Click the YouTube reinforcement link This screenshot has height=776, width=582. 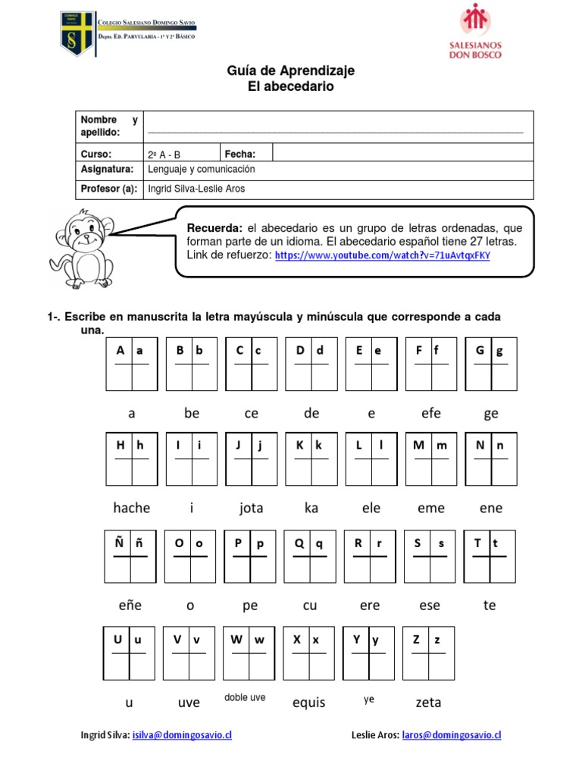383,255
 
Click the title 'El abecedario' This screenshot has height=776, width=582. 291,87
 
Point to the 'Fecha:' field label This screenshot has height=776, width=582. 240,154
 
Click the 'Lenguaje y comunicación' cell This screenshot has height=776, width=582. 202,170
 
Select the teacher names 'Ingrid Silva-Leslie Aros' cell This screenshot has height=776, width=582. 196,189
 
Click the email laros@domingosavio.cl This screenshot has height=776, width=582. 452,735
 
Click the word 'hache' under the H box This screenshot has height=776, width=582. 132,508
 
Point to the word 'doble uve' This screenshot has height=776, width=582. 245,697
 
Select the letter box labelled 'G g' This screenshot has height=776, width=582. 490,364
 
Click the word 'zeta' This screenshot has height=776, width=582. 428,702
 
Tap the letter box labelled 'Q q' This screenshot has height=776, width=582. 309,555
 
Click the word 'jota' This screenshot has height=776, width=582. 251,508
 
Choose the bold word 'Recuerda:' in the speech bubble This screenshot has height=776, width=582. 214,228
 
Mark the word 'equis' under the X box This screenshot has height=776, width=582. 308,702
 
